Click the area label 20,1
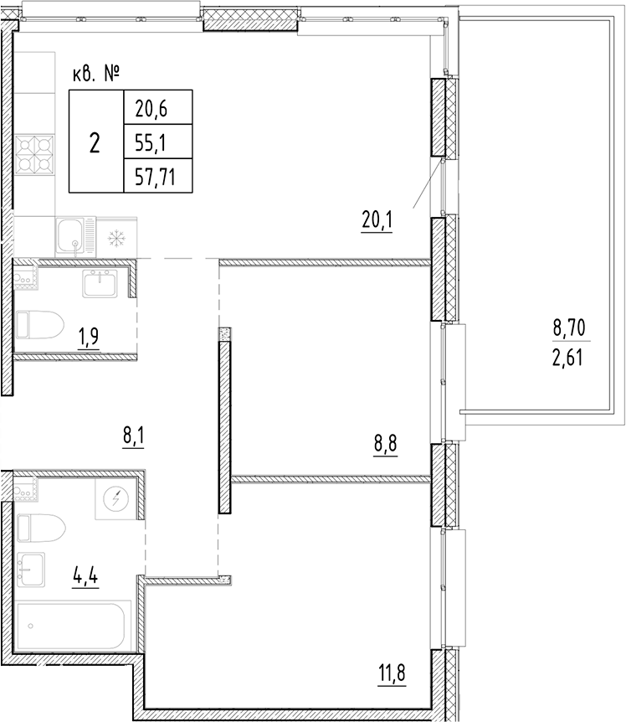pyautogui.click(x=377, y=221)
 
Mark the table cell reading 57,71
pyautogui.click(x=154, y=174)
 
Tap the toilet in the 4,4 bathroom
pyautogui.click(x=40, y=529)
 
